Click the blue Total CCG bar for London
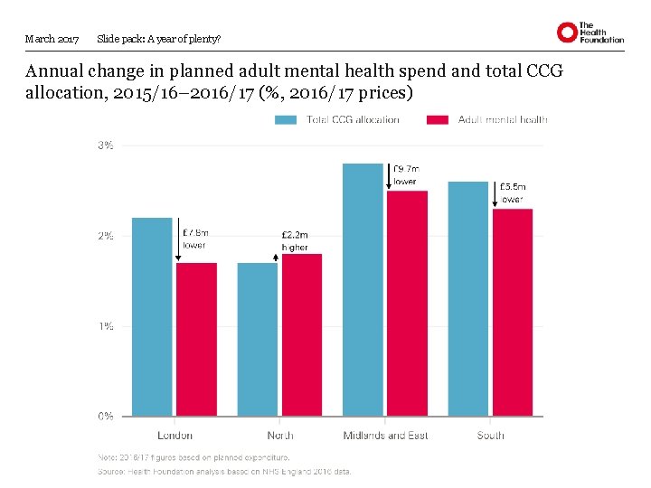click(x=152, y=316)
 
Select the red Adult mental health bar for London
click(x=196, y=339)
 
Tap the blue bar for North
click(x=258, y=339)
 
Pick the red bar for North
click(x=301, y=334)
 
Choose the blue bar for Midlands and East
click(x=363, y=289)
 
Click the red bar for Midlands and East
click(x=408, y=303)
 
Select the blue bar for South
click(x=468, y=298)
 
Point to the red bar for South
click(x=513, y=312)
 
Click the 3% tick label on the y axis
click(x=105, y=145)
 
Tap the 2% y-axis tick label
click(x=105, y=236)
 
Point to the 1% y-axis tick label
click(x=105, y=326)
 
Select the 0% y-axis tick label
click(x=105, y=417)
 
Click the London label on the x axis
click(x=175, y=436)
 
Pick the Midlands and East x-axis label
click(x=385, y=436)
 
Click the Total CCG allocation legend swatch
click(x=287, y=119)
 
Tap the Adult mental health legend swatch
click(x=438, y=119)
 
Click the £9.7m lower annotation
click(x=405, y=174)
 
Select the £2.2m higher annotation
click(x=295, y=240)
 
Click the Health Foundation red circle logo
click(x=567, y=33)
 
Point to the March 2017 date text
click(x=52, y=39)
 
